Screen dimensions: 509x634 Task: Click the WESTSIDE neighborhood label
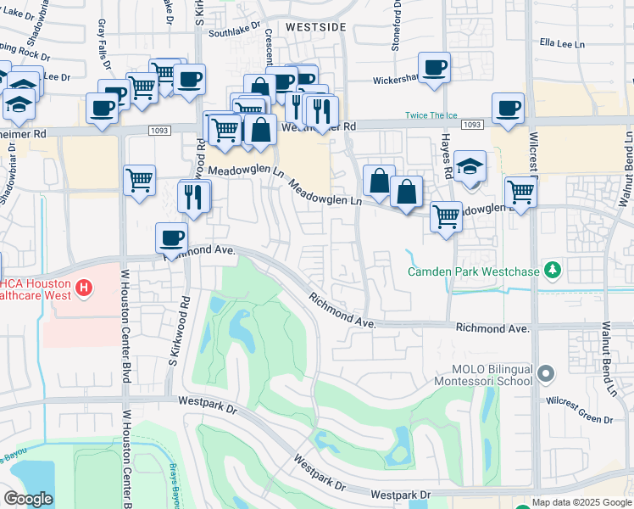click(x=315, y=27)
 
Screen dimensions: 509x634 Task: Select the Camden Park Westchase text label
click(x=473, y=272)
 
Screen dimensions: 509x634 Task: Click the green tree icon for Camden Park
click(x=553, y=271)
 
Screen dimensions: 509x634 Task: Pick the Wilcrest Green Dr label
click(x=580, y=396)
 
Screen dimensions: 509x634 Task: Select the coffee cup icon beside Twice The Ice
click(x=508, y=109)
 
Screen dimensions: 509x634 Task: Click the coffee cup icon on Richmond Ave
click(x=171, y=239)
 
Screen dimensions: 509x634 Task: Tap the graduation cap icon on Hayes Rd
click(x=470, y=167)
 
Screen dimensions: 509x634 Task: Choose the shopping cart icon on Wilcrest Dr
click(x=520, y=192)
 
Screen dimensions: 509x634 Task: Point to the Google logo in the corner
click(x=28, y=499)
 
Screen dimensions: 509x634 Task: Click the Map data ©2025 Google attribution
click(x=581, y=502)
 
